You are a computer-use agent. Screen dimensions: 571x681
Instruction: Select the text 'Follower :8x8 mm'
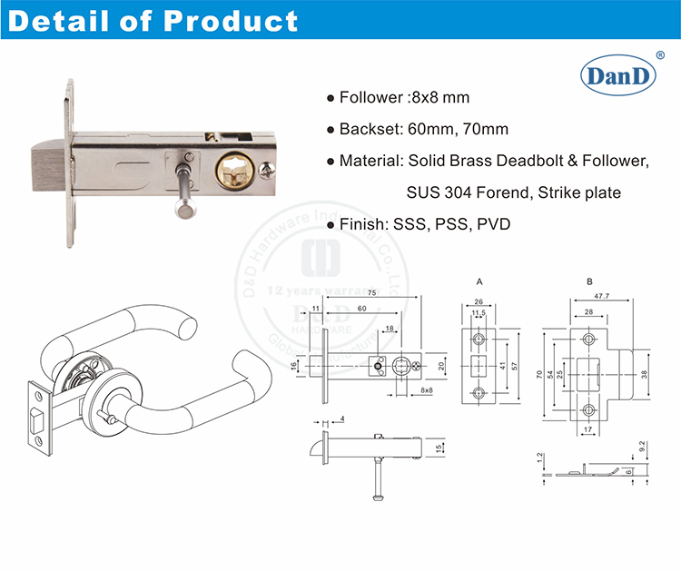point(404,98)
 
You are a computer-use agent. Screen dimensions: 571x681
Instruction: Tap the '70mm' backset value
point(489,129)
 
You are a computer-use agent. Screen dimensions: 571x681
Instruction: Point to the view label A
point(478,282)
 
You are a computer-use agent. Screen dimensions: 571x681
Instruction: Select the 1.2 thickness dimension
point(540,460)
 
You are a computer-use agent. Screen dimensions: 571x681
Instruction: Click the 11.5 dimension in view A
point(479,314)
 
